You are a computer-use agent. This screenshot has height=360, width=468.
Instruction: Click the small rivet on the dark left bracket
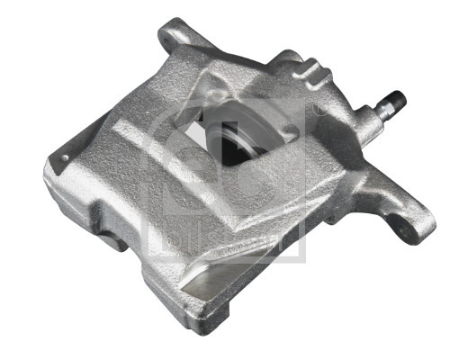[x=64, y=159]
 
